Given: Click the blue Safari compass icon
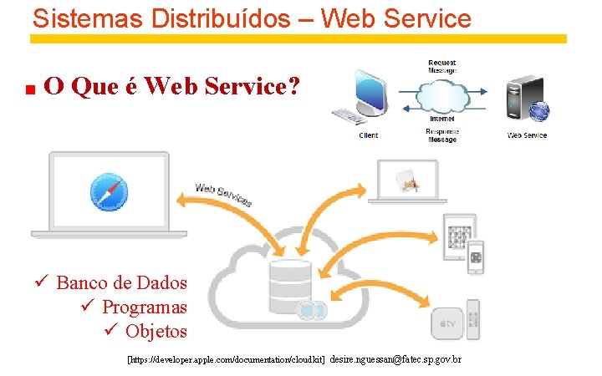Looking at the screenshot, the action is pyautogui.click(x=108, y=191).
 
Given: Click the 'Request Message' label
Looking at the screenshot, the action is pyautogui.click(x=442, y=67).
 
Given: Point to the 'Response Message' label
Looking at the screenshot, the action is pyautogui.click(x=442, y=135).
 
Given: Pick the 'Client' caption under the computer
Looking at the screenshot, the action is pyautogui.click(x=368, y=135).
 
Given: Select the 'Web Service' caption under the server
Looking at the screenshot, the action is pyautogui.click(x=527, y=135).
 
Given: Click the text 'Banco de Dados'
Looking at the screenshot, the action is pyautogui.click(x=121, y=282).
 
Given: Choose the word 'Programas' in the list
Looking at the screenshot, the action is pyautogui.click(x=144, y=307).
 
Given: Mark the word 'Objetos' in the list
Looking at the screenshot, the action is pyautogui.click(x=156, y=331).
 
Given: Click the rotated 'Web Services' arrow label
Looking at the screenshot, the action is pyautogui.click(x=223, y=194).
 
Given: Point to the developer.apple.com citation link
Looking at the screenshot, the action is pyautogui.click(x=225, y=359).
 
